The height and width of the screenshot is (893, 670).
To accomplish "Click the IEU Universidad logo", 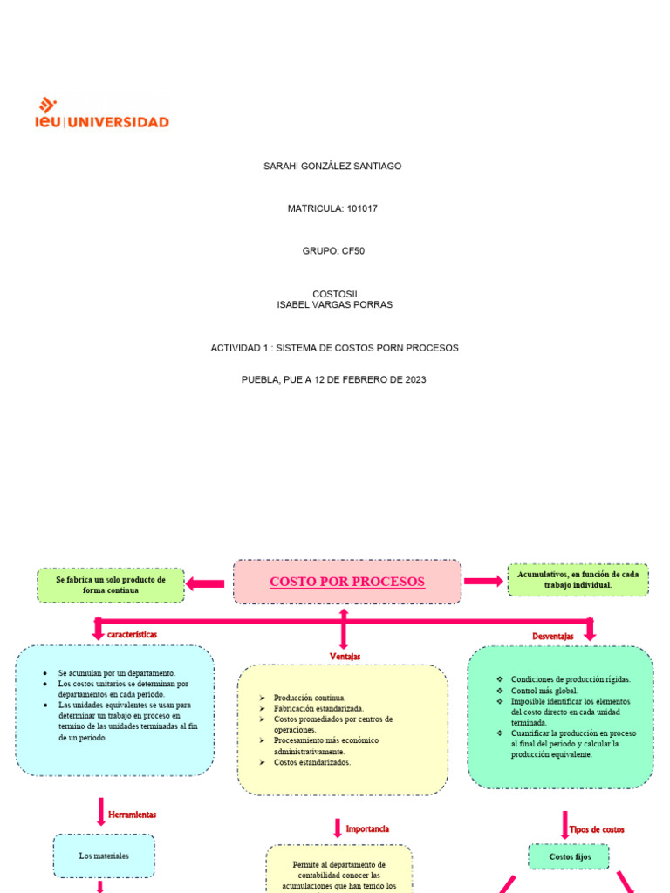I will tap(102, 115).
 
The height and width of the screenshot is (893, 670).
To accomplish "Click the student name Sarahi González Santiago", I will tap(332, 166).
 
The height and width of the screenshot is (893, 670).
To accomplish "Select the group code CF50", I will tap(352, 251).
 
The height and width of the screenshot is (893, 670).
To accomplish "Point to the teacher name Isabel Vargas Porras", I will tap(334, 305).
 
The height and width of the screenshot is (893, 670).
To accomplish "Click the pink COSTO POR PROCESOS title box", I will tap(347, 582).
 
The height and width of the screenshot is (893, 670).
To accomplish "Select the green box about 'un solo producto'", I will tap(111, 585).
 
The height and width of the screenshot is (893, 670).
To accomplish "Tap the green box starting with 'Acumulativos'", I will tap(578, 580).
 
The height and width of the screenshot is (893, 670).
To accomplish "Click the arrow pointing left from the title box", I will tap(206, 583).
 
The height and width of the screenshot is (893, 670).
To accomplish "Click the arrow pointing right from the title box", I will tap(482, 581).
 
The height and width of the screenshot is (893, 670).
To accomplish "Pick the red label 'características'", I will tap(132, 635).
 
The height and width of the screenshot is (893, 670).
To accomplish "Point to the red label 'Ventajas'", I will tap(345, 656).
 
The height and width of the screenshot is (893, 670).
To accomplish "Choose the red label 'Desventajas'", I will tap(553, 637).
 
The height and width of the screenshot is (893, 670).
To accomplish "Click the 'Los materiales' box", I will tap(104, 856).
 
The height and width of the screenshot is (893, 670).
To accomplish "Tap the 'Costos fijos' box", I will tap(570, 857).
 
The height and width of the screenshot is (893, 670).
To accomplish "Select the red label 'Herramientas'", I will tap(132, 815).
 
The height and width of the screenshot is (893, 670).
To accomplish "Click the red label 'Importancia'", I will tap(367, 828).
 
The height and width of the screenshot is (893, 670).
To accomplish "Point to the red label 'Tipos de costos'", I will tap(597, 829).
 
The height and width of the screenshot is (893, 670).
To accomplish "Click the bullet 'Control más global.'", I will tap(544, 691).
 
